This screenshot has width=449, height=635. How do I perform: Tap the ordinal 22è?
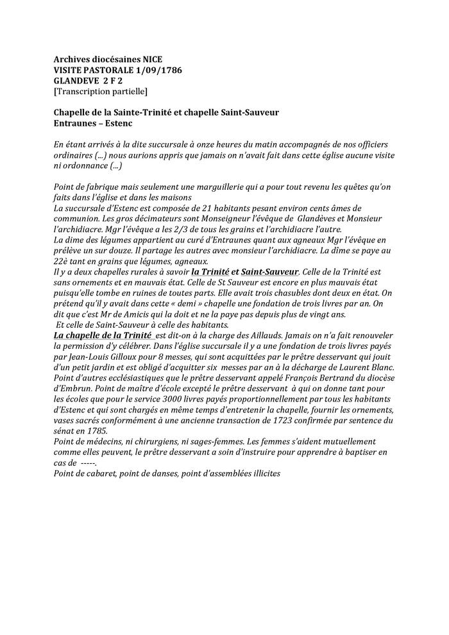click(x=60, y=261)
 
